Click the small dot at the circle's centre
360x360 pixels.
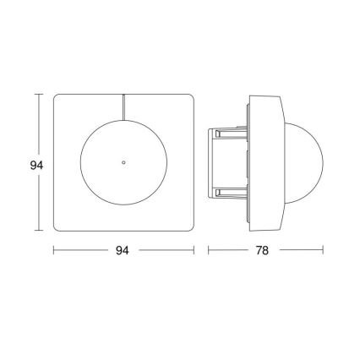123,159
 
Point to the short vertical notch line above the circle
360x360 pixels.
123,106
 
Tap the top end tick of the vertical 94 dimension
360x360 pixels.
36,94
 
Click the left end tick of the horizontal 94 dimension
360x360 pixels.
54,250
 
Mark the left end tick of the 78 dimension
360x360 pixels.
209,250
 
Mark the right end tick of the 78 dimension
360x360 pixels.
324,250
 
